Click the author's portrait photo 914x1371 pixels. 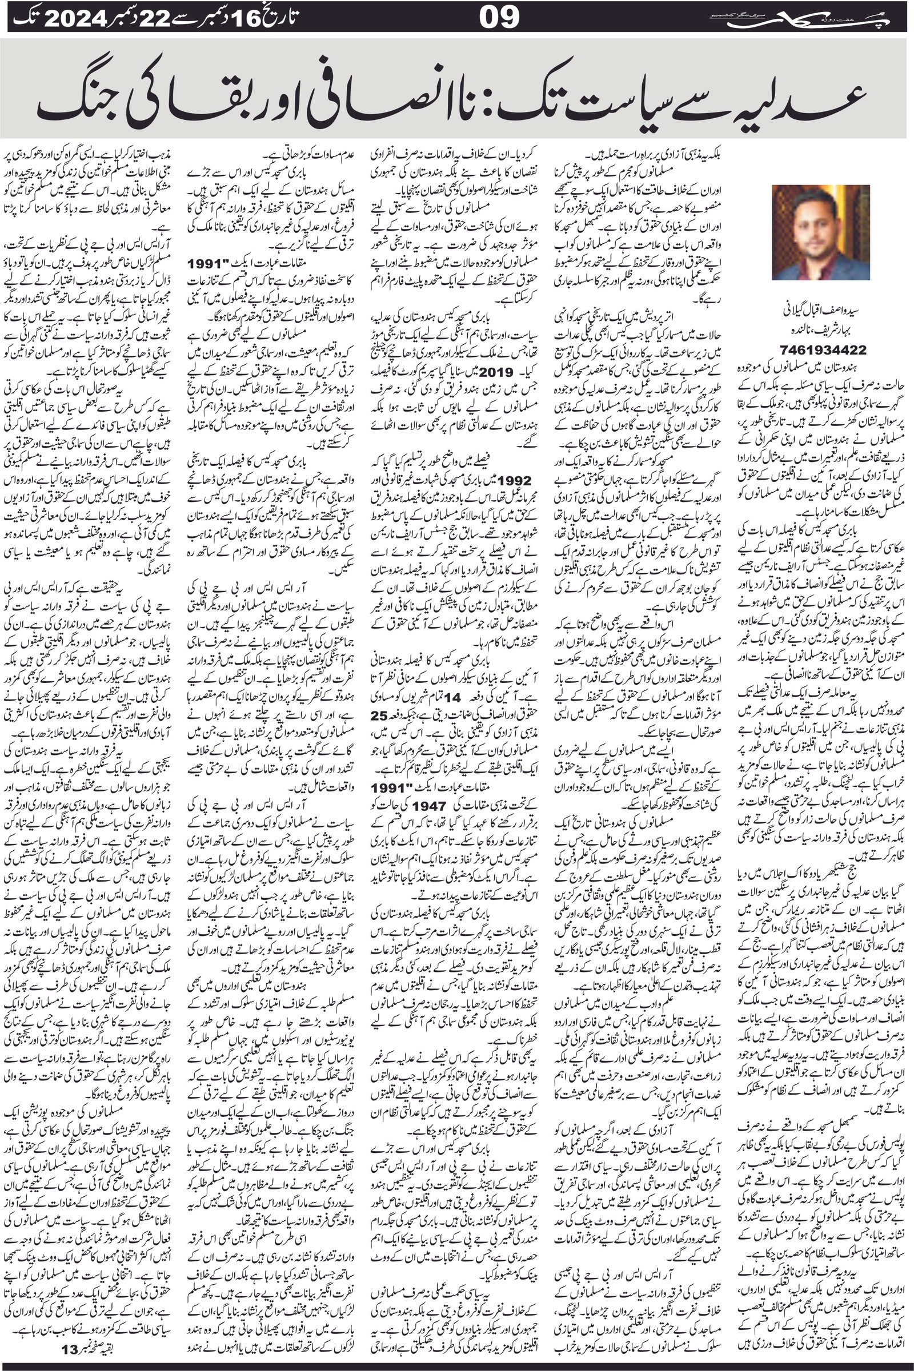[x=821, y=232]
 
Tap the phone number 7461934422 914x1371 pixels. [x=822, y=349]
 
